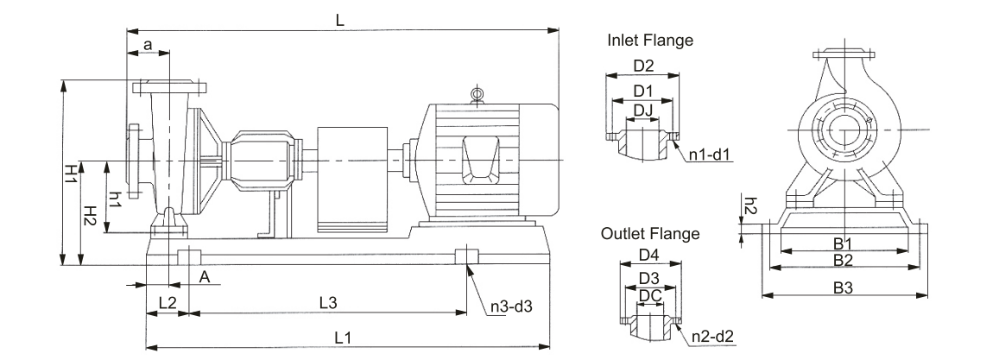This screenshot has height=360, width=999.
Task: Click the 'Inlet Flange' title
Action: coord(650,41)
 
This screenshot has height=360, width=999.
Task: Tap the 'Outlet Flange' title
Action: coord(650,233)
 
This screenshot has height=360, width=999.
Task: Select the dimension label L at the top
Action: coord(340,20)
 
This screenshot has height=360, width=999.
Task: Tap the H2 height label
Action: coord(88,218)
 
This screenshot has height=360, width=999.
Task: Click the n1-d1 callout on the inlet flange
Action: coord(710,156)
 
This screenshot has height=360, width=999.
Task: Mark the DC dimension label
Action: coord(650,295)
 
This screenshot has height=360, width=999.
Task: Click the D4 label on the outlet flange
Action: coord(649,256)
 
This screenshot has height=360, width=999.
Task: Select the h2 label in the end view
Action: coord(750,206)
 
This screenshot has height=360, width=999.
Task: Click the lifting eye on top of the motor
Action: coord(476,94)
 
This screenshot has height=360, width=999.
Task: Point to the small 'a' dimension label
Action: coord(148,43)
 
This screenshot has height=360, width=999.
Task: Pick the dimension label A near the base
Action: coord(205,276)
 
